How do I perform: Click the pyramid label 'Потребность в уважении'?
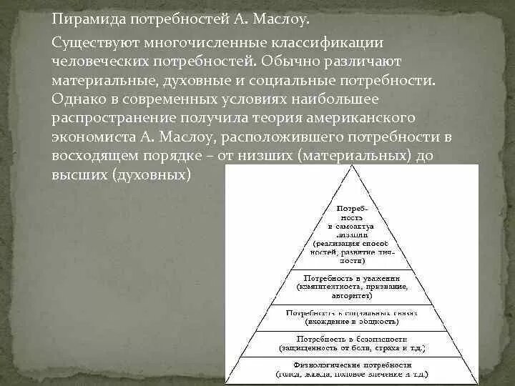(x=350, y=277)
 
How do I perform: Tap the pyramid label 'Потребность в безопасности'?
(x=350, y=338)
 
